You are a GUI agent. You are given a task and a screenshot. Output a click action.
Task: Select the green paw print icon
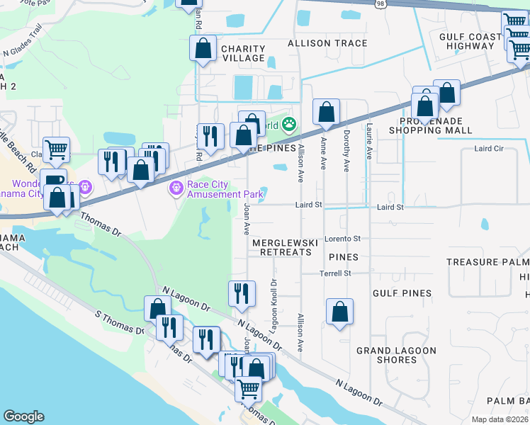tap(288, 125)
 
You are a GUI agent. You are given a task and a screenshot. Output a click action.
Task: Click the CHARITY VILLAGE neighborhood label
tap(243, 54)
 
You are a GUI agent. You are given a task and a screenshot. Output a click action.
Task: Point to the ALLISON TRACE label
tap(327, 43)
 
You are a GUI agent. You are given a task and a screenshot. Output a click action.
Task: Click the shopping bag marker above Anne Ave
tap(325, 112)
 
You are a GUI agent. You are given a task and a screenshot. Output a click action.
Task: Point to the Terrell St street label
tap(335, 273)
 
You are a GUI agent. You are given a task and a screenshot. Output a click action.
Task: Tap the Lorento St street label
tap(343, 239)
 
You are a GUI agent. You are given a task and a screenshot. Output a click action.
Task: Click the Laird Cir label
tap(488, 149)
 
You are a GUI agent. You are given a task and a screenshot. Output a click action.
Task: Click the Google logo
tap(23, 416)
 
